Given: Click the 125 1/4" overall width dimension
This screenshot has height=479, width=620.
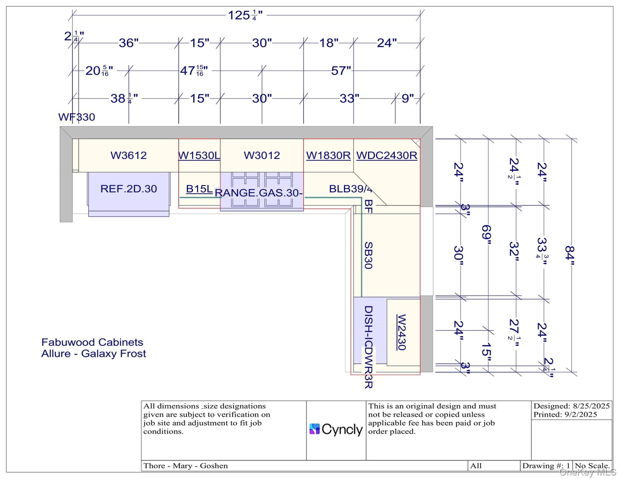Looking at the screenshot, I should (245, 15).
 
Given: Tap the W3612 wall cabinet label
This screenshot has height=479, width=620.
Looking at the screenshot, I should (128, 155).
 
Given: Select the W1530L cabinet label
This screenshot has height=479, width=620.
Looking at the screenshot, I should (199, 155).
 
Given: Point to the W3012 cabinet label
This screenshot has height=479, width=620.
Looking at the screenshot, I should (262, 155).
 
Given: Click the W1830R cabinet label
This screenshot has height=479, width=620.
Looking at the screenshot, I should (328, 155).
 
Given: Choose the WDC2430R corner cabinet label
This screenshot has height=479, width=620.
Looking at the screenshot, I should (387, 155).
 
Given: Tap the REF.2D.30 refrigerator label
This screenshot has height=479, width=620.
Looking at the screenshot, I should (128, 189).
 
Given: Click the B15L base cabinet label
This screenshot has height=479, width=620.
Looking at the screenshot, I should (199, 189).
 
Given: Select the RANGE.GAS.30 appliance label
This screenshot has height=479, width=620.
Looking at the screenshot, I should (259, 193).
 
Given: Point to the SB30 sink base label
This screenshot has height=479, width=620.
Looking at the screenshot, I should (368, 255).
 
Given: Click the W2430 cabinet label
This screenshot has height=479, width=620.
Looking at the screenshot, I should (401, 332).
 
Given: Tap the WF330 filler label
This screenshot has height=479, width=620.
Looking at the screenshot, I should (76, 117).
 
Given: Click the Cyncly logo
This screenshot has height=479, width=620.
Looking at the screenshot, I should (336, 429).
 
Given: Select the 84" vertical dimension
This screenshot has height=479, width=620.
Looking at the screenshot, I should (569, 255).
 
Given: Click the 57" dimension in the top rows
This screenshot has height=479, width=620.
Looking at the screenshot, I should (341, 71).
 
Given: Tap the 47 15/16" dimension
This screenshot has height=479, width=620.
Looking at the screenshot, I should (194, 71).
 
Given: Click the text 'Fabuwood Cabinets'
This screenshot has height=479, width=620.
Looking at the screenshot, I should (92, 342).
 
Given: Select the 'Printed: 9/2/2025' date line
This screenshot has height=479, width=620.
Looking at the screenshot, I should (565, 414).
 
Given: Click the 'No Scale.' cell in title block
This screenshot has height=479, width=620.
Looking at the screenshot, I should (592, 466).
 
